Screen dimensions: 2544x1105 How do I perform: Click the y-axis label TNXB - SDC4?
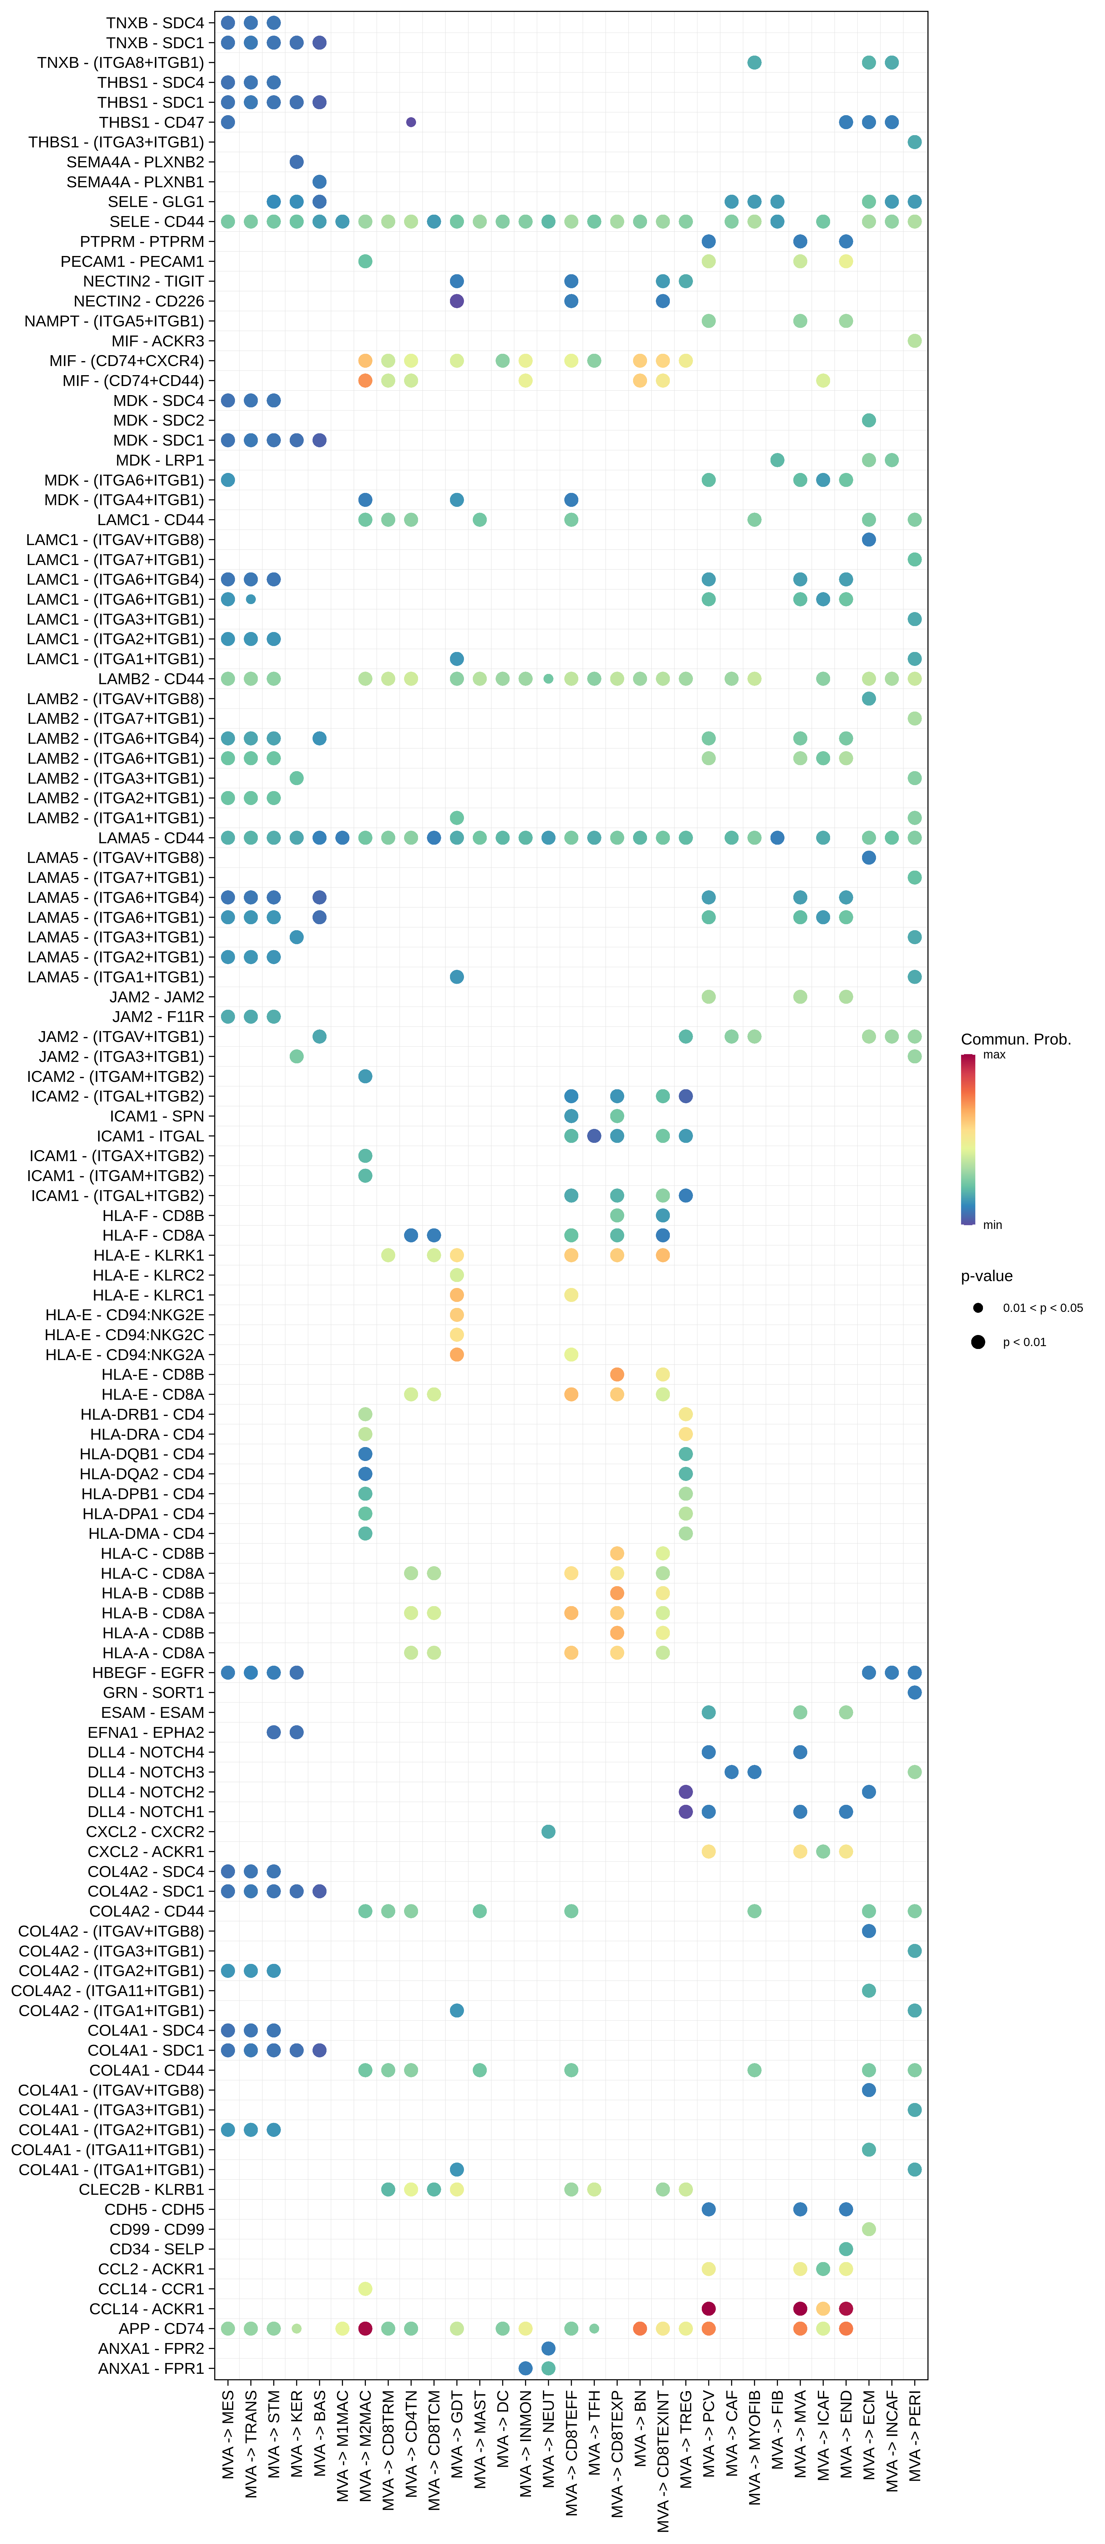(155, 23)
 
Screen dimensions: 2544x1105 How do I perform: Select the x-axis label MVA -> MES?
(228, 2434)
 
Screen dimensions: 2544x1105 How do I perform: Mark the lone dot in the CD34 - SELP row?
(846, 2249)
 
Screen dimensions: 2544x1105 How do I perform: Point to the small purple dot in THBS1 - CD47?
(411, 123)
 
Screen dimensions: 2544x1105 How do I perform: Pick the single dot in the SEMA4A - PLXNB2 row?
(296, 162)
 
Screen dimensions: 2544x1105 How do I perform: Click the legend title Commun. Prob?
(1015, 1039)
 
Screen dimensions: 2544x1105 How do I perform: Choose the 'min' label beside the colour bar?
(992, 1225)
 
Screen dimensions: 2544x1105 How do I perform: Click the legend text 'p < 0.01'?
(1024, 1342)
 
